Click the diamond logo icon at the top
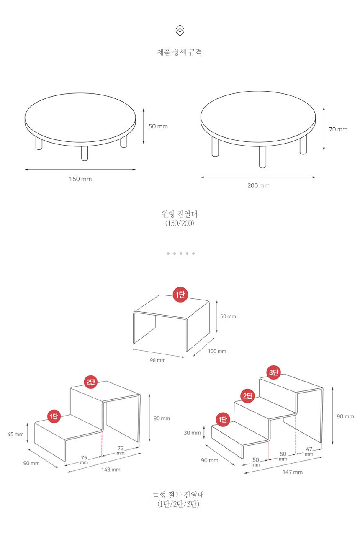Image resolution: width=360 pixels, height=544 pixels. click(x=180, y=31)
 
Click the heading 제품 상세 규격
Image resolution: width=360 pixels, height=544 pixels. click(x=179, y=52)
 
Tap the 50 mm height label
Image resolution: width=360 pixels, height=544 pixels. click(x=158, y=126)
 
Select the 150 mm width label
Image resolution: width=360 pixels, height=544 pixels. click(x=80, y=179)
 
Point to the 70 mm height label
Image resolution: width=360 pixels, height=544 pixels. click(x=338, y=129)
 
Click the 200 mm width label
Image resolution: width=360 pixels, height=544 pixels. click(x=258, y=186)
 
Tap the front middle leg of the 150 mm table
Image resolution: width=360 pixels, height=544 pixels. click(x=85, y=153)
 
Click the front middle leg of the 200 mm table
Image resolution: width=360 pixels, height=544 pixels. click(x=262, y=157)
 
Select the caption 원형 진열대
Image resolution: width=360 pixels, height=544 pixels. click(x=180, y=214)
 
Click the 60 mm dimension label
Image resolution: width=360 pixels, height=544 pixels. click(x=228, y=316)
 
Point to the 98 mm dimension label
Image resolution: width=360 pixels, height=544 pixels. click(x=157, y=360)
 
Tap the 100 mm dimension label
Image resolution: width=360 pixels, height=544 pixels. click(x=217, y=351)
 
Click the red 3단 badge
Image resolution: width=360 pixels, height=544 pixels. click(x=273, y=372)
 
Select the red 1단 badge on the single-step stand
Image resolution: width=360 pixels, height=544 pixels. click(x=180, y=295)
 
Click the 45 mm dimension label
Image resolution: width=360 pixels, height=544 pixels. click(x=15, y=434)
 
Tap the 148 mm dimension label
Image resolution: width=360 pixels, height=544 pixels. click(x=111, y=470)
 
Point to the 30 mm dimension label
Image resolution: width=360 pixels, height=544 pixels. click(x=192, y=433)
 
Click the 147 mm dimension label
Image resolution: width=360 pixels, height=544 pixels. click(x=293, y=472)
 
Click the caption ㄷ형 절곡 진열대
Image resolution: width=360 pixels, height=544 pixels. click(x=179, y=495)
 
